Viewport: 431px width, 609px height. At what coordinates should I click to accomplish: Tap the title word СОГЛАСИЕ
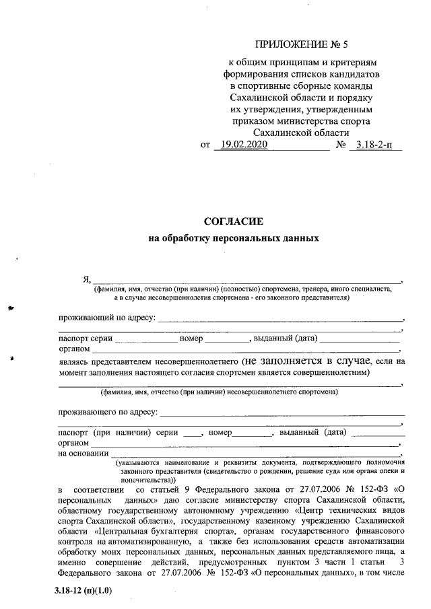coord(232,221)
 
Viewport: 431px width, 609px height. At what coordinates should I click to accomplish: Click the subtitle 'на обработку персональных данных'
coord(232,238)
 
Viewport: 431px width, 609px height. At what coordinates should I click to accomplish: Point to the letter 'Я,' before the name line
coord(86,279)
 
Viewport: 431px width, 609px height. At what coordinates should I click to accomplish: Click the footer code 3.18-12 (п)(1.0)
coord(83,591)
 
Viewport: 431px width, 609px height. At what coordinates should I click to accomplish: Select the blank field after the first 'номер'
coord(227,338)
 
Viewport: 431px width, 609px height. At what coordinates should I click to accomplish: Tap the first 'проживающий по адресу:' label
coord(107,316)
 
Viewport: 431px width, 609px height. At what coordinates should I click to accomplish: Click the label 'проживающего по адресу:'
coord(108,410)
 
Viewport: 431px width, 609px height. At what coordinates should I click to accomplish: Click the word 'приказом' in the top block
coord(251,121)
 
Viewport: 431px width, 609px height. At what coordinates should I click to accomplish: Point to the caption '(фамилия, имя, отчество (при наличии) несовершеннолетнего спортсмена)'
coord(219,392)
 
